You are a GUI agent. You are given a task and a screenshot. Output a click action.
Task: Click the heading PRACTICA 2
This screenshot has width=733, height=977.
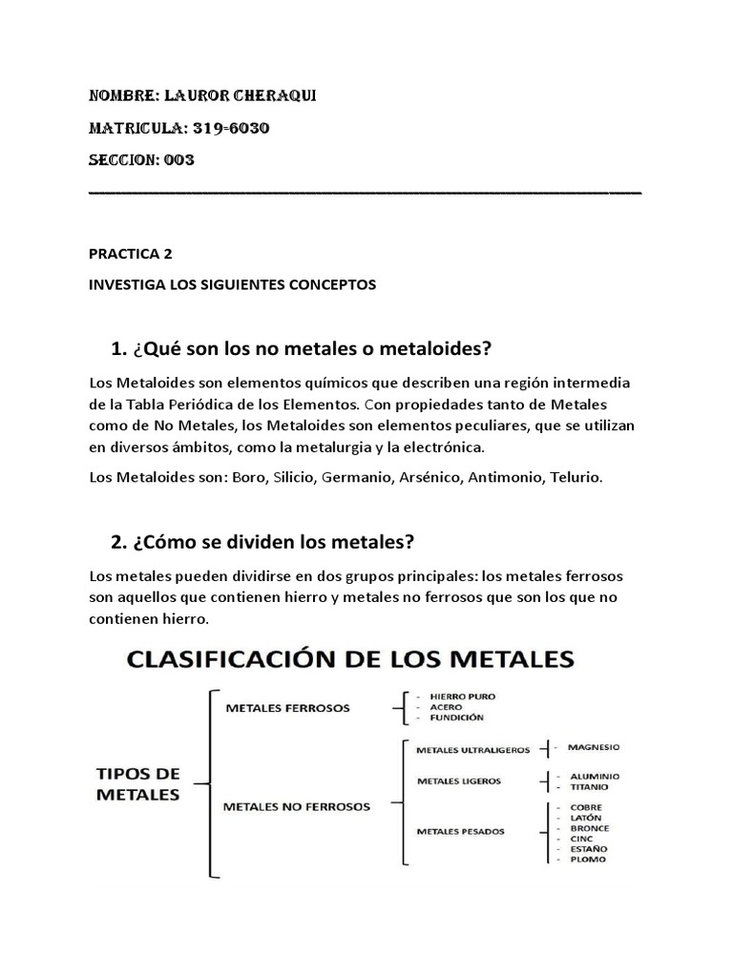point(132,255)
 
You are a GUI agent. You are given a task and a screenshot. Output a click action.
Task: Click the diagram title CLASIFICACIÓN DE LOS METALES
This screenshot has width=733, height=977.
point(346,659)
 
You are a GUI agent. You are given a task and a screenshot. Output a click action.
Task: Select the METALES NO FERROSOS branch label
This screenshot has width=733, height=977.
point(296,806)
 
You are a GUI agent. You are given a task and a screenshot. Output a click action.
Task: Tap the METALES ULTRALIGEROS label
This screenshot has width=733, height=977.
point(472,750)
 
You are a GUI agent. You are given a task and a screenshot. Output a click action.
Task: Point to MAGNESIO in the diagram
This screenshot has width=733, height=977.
point(593,747)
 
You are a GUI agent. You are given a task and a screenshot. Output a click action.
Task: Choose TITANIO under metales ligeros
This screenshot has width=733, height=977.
point(588,787)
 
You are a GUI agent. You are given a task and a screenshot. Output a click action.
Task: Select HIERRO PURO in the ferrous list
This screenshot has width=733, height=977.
point(463,696)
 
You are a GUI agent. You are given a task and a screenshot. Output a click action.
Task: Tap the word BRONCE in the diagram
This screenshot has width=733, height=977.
point(588,828)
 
